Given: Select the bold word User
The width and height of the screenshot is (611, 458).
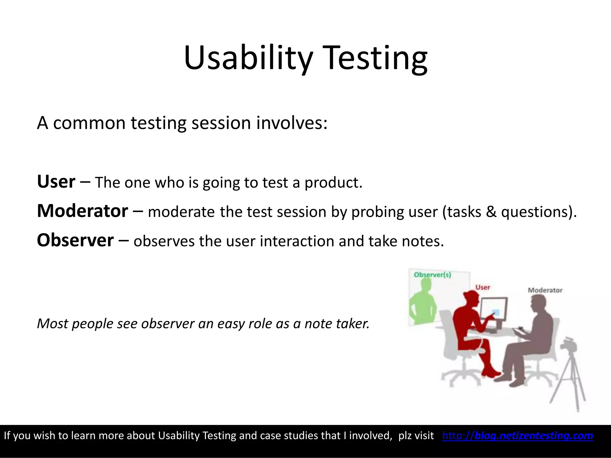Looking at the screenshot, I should (56, 182).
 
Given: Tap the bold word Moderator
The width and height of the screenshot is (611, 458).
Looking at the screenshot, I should (82, 211).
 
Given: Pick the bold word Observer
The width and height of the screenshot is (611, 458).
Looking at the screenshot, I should (75, 240).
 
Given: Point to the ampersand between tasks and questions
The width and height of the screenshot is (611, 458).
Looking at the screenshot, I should (491, 212).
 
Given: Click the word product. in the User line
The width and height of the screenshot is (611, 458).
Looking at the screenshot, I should (333, 182).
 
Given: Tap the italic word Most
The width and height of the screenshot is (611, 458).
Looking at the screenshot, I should (52, 324).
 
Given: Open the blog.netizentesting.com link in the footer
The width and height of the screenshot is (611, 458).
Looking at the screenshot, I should (518, 436).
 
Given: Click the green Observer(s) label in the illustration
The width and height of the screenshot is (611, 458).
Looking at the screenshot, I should (432, 275).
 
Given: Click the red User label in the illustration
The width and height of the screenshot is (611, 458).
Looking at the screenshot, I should (482, 287).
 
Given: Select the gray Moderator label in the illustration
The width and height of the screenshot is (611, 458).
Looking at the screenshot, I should (545, 290).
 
